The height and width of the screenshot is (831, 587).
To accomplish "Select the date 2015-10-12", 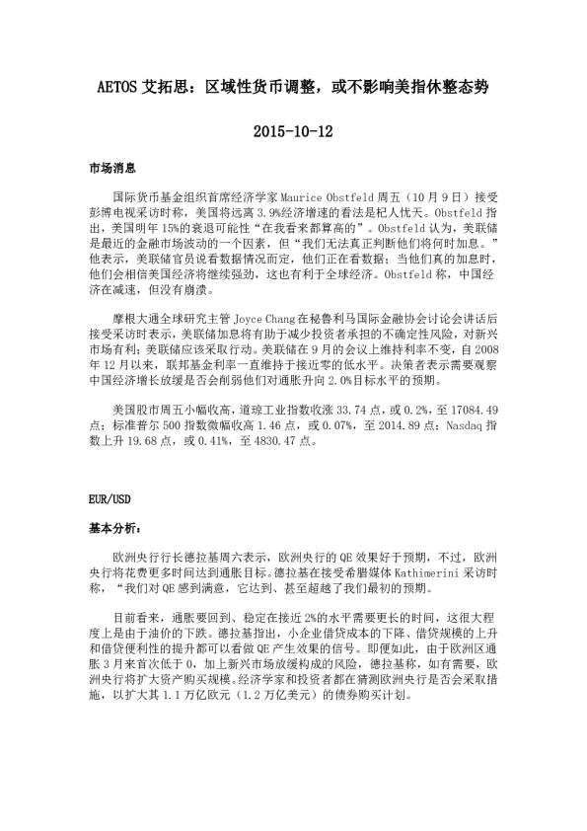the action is [293, 130].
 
